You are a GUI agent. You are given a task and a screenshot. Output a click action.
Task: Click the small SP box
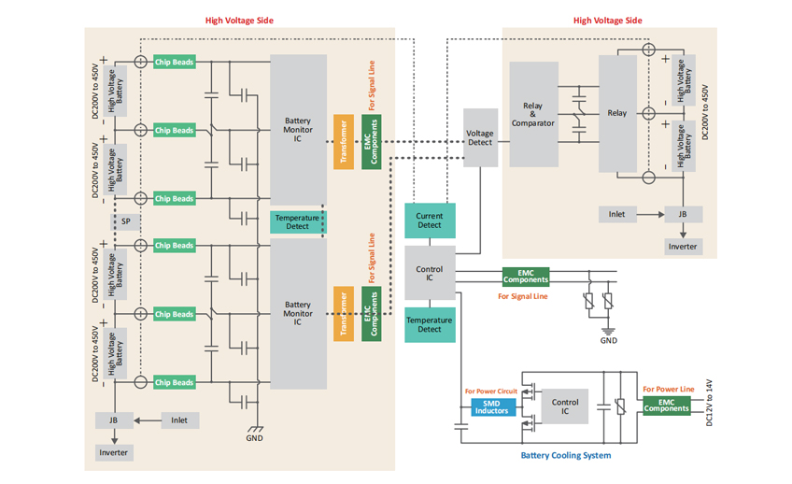(x=125, y=221)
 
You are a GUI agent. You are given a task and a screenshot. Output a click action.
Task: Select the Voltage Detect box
(x=480, y=138)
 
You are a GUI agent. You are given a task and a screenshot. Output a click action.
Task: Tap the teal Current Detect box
(x=430, y=220)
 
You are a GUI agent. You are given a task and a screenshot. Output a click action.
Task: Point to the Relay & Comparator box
(x=533, y=116)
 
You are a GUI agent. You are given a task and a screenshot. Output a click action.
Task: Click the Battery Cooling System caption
(x=565, y=456)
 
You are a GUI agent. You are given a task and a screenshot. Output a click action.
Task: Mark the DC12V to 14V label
(x=709, y=404)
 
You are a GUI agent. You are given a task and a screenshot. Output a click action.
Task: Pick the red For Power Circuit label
(x=490, y=391)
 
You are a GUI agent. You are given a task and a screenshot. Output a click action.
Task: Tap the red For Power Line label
(x=669, y=389)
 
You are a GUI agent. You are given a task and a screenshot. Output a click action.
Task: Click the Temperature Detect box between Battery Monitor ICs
(x=298, y=222)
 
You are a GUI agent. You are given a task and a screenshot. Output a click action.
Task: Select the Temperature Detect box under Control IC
(x=430, y=324)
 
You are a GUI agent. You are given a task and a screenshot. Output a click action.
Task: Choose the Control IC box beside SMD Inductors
(x=564, y=407)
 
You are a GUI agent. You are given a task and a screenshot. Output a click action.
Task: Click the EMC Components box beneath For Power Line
(x=666, y=405)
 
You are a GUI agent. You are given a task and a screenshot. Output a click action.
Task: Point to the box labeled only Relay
(x=617, y=113)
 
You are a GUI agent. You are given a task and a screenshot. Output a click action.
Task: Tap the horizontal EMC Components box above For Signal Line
(x=526, y=277)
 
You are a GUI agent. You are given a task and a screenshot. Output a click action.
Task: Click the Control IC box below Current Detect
(x=430, y=274)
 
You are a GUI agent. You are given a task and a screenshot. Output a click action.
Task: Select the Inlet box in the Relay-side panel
(x=616, y=214)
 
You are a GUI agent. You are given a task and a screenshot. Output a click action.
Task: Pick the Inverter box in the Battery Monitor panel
(x=114, y=452)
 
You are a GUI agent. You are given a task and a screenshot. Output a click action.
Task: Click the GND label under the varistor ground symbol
(x=608, y=341)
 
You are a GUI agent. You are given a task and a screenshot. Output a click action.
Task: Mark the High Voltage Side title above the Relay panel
(x=607, y=21)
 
